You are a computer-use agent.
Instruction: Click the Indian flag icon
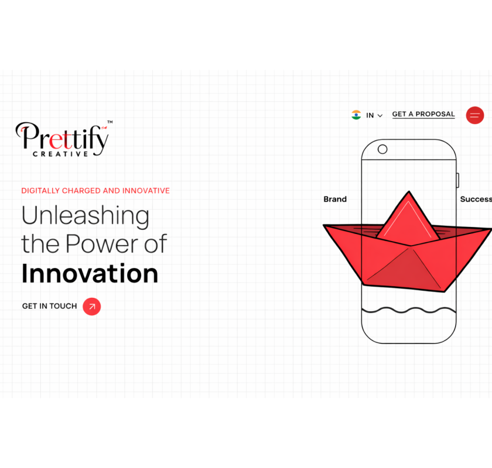click(356, 115)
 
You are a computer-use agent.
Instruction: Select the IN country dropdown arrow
click(380, 116)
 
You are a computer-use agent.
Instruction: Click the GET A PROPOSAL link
click(423, 115)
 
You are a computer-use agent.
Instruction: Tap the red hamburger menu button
click(475, 115)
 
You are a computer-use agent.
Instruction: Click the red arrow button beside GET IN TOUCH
click(91, 307)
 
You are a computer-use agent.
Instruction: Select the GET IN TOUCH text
click(50, 306)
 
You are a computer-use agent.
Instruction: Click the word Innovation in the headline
click(90, 274)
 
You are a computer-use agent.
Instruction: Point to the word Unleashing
click(86, 216)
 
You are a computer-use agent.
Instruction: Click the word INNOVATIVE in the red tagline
click(146, 191)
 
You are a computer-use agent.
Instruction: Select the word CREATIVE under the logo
click(60, 154)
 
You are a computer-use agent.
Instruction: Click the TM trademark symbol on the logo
click(110, 122)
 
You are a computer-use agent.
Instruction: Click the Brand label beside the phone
click(335, 199)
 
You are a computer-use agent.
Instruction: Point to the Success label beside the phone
click(476, 199)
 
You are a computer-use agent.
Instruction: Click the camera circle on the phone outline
click(382, 149)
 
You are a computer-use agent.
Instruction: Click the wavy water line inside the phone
click(409, 310)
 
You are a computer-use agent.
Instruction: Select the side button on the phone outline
click(457, 180)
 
